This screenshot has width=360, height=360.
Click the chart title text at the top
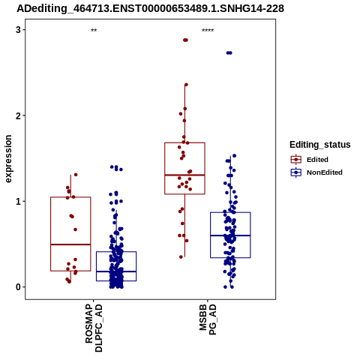point(150,8)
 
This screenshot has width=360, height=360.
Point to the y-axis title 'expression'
point(8,159)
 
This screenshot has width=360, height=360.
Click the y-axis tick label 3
point(18,30)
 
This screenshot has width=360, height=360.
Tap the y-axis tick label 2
point(18,115)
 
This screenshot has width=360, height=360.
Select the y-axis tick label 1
point(18,202)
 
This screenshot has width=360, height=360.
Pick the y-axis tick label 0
point(18,287)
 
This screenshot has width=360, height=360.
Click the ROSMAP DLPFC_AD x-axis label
point(94,328)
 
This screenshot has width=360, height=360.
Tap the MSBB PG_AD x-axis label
point(208,319)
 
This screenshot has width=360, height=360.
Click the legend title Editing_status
point(320,145)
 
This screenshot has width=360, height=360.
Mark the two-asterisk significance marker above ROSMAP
point(94,31)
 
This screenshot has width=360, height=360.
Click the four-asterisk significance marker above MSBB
point(208,31)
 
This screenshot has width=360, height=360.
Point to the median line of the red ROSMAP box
point(70,244)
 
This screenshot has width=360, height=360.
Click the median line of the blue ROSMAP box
point(116,271)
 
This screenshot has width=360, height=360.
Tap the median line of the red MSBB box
point(184,175)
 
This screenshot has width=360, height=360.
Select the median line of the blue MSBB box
point(230,235)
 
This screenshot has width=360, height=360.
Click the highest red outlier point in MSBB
point(185,40)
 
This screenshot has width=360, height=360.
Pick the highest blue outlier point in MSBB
point(229,52)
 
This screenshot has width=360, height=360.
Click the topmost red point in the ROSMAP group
point(76,175)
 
